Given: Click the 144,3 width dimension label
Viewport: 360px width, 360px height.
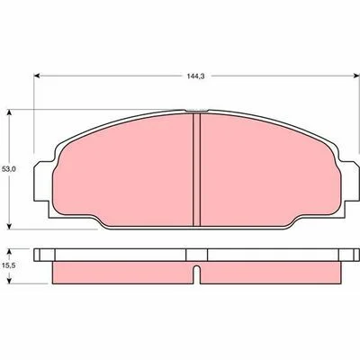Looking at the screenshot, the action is (x=195, y=76).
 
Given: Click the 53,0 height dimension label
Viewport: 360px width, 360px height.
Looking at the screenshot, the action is (x=9, y=169).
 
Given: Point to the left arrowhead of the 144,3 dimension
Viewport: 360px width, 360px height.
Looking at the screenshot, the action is (x=37, y=76).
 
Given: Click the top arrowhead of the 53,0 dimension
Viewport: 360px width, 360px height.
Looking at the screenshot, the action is (x=9, y=112).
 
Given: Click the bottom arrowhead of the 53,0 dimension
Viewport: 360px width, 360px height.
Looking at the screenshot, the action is (x=9, y=226).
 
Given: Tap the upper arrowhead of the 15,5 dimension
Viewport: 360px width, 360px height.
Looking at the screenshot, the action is (x=9, y=251).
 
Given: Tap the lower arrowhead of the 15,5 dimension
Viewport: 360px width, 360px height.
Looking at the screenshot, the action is (x=9, y=280).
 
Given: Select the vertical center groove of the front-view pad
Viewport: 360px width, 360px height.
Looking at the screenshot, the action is (x=196, y=169).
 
